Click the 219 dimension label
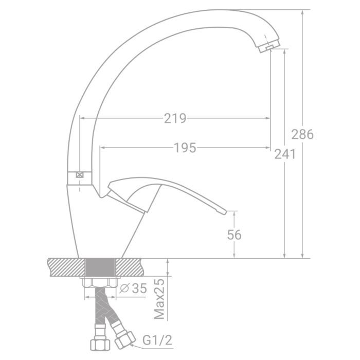175,118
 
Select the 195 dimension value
185,148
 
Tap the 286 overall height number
302,135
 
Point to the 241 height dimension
284,153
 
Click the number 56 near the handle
234,235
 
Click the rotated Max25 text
160,299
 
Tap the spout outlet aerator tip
268,47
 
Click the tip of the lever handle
223,211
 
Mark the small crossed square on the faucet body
80,175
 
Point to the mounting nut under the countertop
100,282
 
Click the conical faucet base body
103,226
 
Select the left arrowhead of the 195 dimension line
102,148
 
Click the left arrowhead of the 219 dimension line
81,118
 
